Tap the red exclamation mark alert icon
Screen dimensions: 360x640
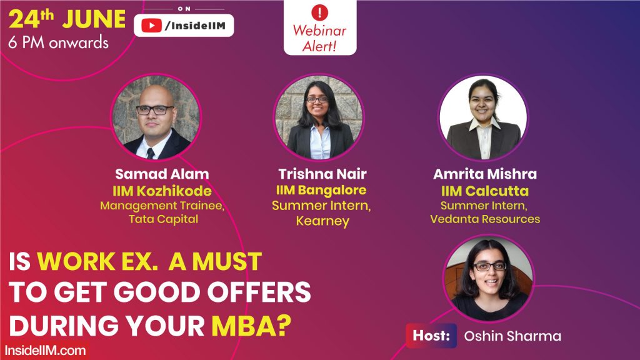coord(320,12)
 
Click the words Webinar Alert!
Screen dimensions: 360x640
coord(320,37)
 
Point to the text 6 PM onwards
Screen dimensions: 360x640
coord(58,43)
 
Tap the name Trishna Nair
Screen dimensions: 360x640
coord(322,174)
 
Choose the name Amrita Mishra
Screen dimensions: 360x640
coord(485,174)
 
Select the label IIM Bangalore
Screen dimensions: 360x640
coord(322,190)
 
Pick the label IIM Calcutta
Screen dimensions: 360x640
coord(485,190)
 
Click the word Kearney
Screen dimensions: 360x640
coord(322,221)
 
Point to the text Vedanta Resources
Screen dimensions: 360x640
coord(485,219)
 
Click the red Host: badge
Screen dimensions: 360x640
coord(431,336)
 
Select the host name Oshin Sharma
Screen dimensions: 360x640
coord(512,336)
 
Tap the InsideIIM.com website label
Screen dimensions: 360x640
coord(45,350)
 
